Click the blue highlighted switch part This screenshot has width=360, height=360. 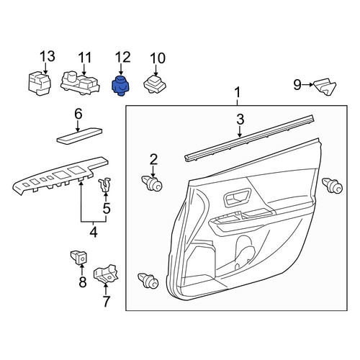[x=120, y=86]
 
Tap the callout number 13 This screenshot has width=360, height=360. [x=48, y=56]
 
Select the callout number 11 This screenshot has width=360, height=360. [x=85, y=58]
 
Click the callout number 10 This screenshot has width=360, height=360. [x=158, y=58]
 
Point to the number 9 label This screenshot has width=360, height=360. [x=297, y=84]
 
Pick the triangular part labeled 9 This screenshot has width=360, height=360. [x=325, y=86]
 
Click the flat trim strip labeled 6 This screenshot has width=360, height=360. [x=79, y=136]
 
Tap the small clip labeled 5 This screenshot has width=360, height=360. [x=105, y=185]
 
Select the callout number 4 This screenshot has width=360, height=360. [x=94, y=232]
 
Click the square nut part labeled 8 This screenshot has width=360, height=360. [x=78, y=257]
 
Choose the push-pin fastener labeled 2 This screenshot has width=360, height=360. [x=152, y=183]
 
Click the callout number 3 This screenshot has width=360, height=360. [x=240, y=120]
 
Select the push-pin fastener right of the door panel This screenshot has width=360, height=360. [x=332, y=186]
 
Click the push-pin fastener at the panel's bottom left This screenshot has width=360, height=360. [x=148, y=281]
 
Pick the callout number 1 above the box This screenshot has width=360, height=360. [x=238, y=93]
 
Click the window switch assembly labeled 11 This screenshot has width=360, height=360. [x=80, y=83]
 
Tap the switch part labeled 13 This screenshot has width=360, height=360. [x=40, y=83]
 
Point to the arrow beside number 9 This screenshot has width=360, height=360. [x=307, y=84]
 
